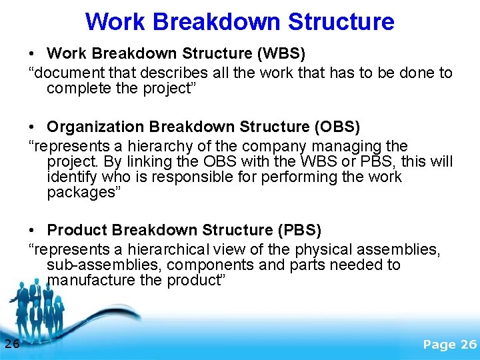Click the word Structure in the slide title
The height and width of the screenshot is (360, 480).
[x=341, y=21]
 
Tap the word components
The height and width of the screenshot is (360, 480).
[x=207, y=265]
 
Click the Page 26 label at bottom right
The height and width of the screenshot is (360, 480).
[x=450, y=344]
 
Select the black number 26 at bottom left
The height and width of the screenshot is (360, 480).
[x=11, y=344]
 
